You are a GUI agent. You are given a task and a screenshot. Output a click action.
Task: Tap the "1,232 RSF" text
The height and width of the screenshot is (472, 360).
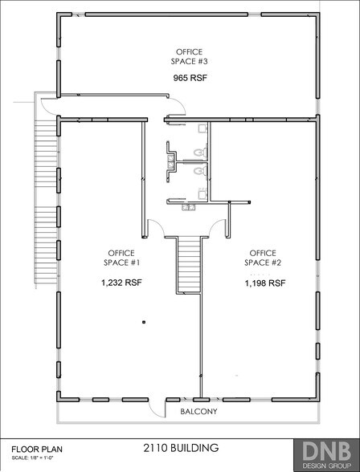pos(121,283)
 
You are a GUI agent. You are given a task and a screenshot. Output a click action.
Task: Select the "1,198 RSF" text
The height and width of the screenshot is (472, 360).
pos(266,283)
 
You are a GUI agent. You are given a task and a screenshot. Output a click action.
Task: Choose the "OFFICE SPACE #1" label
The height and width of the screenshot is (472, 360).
pos(122,258)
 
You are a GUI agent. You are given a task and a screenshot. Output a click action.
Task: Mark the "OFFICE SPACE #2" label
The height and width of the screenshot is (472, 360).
pos(266,258)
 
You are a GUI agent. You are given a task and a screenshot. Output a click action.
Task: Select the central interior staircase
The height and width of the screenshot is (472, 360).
pos(187,265)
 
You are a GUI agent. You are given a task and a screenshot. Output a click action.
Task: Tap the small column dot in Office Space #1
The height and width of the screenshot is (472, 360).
pos(144,322)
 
